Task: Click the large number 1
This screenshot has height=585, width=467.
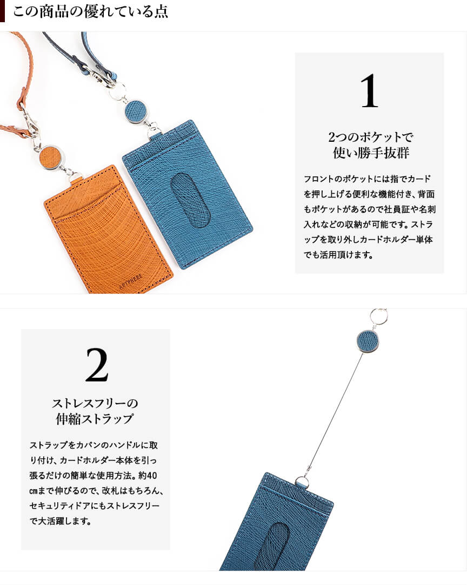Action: [x=369, y=91]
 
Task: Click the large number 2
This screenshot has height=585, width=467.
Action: [x=97, y=365]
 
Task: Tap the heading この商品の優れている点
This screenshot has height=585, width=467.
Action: [x=91, y=11]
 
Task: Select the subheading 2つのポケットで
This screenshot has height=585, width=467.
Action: [x=370, y=137]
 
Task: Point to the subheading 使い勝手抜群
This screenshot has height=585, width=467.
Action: [x=371, y=153]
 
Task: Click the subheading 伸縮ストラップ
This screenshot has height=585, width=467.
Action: [x=95, y=419]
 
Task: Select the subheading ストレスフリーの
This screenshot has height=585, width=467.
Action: [x=95, y=403]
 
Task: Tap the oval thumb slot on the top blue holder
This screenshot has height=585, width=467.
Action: [x=190, y=199]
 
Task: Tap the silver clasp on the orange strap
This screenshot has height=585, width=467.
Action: [x=31, y=122]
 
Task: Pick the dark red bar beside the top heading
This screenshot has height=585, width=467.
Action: [x=3, y=11]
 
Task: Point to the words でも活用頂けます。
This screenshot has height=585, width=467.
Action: [x=338, y=255]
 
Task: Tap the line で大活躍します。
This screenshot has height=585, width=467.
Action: [x=61, y=521]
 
